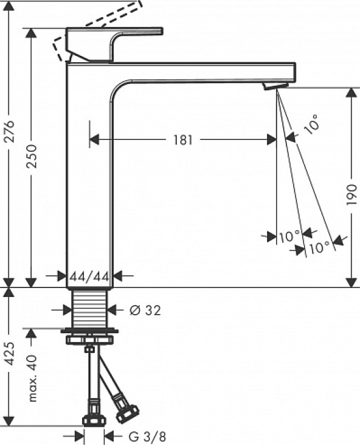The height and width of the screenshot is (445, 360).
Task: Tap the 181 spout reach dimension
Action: [x=183, y=140]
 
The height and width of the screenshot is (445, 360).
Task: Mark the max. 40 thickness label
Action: [x=32, y=378]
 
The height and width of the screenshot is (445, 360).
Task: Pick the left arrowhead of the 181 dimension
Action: [x=93, y=140]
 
